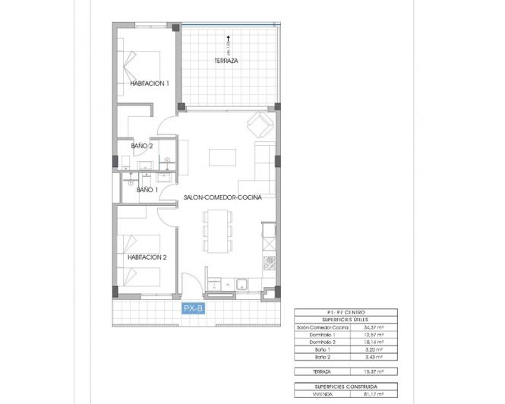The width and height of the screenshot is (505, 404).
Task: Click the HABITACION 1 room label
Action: [149, 84]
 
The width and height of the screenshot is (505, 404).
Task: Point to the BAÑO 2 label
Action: [142, 145]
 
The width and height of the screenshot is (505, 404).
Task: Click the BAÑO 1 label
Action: [147, 190]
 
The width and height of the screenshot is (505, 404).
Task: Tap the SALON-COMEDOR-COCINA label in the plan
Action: [223, 197]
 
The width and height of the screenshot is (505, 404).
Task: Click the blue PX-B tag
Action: [194, 308]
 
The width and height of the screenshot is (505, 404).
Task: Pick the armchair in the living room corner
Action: [260, 123]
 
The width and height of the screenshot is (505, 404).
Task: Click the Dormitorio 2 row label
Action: [324, 341]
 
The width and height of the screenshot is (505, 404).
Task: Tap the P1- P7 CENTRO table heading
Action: [343, 313]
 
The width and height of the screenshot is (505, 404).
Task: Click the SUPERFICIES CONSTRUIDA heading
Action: [343, 386]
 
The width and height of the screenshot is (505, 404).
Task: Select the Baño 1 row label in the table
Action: [323, 349]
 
